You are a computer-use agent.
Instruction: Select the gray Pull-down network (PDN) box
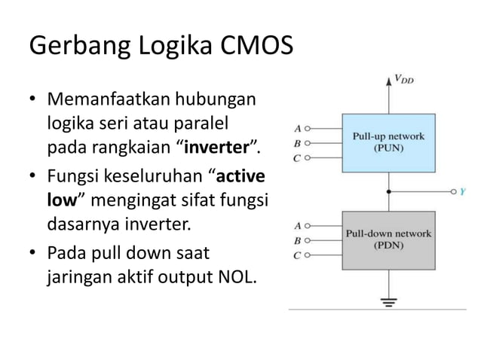coord(388,239)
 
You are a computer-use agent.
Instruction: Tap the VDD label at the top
coord(403,78)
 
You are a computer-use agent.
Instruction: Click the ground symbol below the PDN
coord(389,304)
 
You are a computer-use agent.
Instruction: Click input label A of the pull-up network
coord(298,128)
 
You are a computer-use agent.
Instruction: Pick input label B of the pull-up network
coord(298,143)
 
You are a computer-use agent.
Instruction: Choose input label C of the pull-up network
coord(298,158)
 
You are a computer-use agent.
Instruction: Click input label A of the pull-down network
coord(298,225)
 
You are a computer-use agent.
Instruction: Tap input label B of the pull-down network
coord(298,240)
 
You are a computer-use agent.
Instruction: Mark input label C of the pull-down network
coord(298,255)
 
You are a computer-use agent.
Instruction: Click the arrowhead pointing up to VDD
coord(388,78)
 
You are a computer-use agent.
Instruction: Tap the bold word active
coord(239,178)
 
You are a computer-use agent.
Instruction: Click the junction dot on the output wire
coord(389,192)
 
